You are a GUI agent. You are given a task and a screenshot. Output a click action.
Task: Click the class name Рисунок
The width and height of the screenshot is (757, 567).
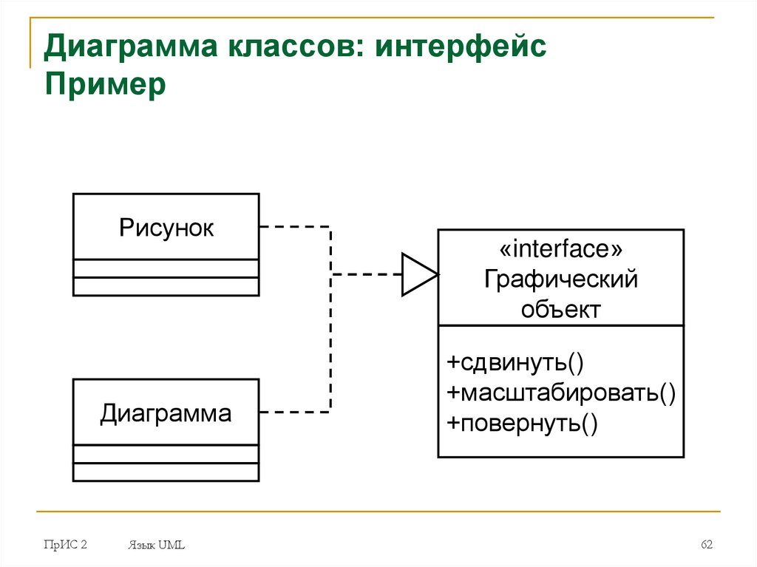coord(166,228)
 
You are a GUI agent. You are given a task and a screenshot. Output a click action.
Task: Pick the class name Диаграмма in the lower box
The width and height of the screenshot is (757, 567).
coord(166,413)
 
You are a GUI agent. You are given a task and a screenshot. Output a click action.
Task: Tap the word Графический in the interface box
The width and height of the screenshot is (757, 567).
coord(560,279)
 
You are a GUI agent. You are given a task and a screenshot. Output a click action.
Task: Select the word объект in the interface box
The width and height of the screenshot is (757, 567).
coord(560,309)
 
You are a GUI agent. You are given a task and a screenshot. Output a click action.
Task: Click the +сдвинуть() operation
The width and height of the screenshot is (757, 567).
coord(515,363)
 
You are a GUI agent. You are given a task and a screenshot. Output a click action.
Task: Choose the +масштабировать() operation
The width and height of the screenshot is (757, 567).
coord(561,393)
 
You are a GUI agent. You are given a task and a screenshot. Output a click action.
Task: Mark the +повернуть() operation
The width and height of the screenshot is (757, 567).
coord(521,422)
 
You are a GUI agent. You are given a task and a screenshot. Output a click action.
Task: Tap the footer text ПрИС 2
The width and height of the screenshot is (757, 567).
coord(65,545)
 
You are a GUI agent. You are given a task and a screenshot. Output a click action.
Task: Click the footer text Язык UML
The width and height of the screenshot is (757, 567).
coord(155,546)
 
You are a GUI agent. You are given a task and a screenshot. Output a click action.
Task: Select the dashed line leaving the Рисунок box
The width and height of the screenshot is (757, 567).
coord(296,227)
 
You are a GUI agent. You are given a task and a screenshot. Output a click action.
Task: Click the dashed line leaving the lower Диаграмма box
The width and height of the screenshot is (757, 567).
coord(296,410)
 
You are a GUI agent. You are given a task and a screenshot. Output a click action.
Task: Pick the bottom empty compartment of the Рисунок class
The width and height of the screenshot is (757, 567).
coord(166,287)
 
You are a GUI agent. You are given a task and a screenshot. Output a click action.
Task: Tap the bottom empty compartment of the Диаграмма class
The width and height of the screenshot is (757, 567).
coord(166,472)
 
